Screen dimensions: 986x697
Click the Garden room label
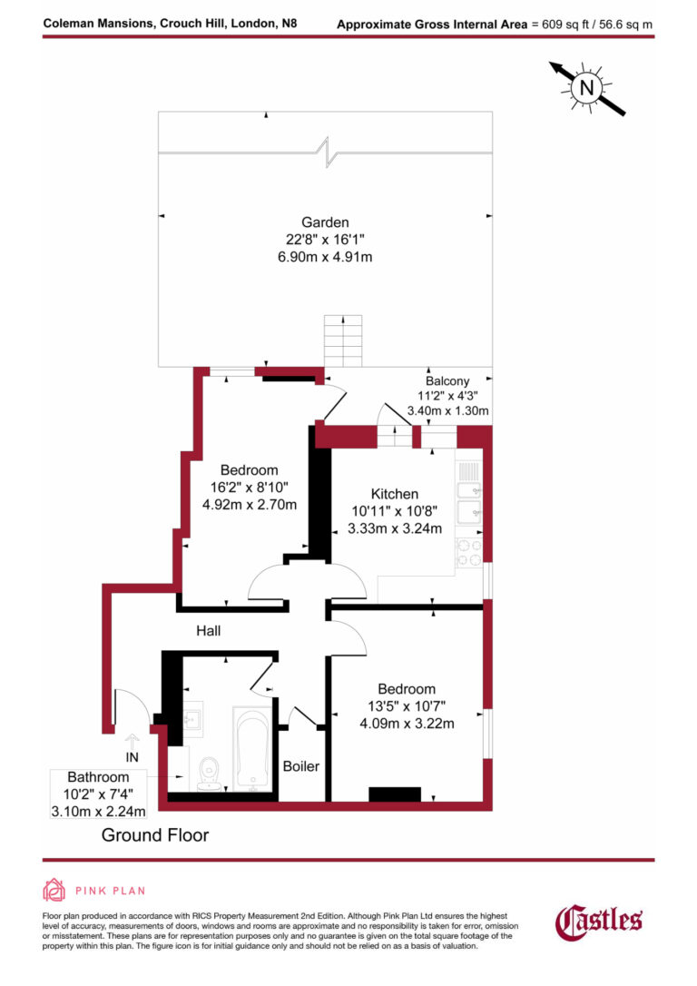click(325, 222)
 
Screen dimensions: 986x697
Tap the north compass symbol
click(587, 87)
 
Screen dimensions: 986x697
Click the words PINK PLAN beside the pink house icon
click(110, 891)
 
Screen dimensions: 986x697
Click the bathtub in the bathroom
click(250, 748)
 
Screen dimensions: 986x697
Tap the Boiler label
click(300, 766)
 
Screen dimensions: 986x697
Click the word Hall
click(208, 630)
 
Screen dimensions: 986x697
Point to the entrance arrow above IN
click(133, 741)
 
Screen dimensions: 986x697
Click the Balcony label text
click(447, 380)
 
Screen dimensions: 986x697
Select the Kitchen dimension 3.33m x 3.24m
click(395, 528)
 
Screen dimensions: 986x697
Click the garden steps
click(343, 340)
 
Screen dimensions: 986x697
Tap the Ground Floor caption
click(154, 834)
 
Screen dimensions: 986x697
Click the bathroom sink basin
click(191, 720)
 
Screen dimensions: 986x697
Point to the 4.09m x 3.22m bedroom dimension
click(406, 724)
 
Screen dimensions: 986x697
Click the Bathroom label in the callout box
click(98, 777)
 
